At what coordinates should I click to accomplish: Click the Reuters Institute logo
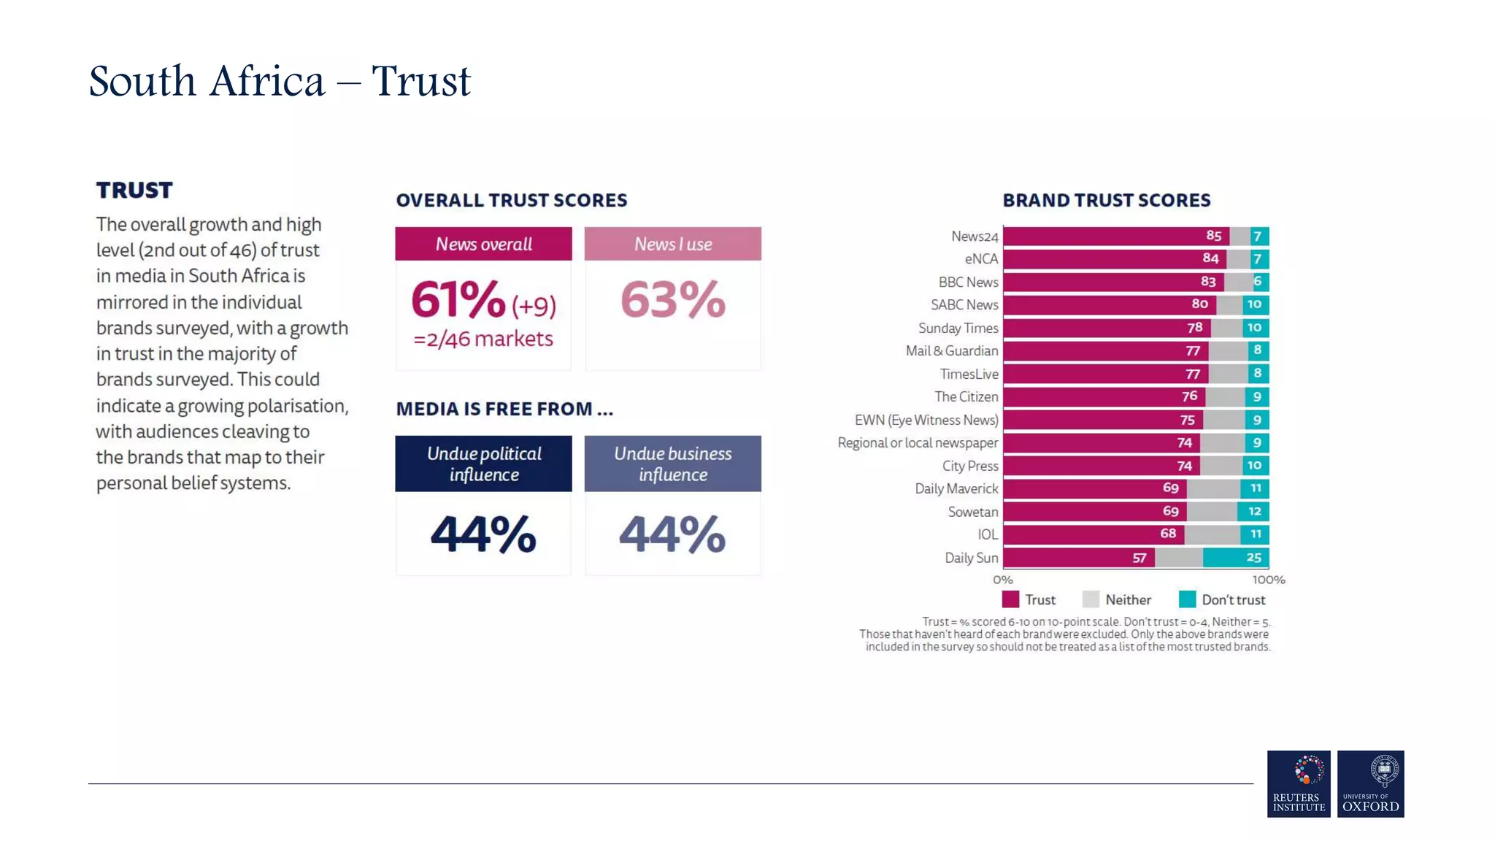pos(1298,783)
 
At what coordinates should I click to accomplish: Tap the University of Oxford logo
pos(1370,783)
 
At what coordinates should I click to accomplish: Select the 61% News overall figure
pos(458,300)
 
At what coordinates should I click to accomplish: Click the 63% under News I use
pos(672,300)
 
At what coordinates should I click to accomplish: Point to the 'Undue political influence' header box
pos(483,464)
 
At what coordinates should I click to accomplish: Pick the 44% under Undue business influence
pos(672,534)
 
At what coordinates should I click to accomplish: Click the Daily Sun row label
pos(971,558)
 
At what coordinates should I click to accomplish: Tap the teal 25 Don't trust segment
pos(1253,558)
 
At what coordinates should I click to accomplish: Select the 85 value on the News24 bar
pos(1213,236)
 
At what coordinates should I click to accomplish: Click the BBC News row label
pos(968,282)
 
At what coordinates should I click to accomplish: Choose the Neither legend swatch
pos(1091,599)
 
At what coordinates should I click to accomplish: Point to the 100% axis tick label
pos(1268,580)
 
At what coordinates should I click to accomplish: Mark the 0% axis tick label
pos(1002,580)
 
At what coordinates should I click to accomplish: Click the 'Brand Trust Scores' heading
pos(1106,200)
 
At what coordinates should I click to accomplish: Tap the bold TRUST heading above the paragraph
pos(134,190)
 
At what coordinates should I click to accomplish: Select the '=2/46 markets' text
pos(483,339)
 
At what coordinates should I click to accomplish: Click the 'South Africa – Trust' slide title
pos(280,81)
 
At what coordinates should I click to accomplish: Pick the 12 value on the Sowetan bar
pos(1254,511)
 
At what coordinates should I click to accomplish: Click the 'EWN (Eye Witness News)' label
pos(926,420)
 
